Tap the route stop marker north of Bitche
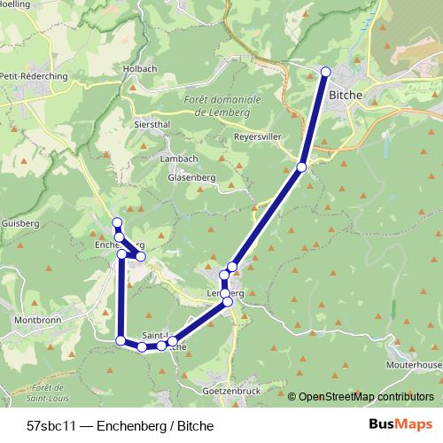[x=325, y=71]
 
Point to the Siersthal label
[x=152, y=125]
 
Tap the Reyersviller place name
[x=257, y=137]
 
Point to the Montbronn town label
[x=36, y=319]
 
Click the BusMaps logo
[x=393, y=425]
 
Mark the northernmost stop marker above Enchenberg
[x=116, y=221]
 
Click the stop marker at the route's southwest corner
[x=120, y=340]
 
